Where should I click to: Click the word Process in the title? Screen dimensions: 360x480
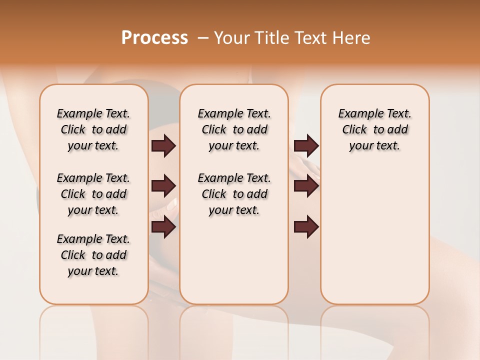point(154,38)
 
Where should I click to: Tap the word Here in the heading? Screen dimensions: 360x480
point(350,38)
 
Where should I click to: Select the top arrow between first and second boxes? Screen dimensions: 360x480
point(163,146)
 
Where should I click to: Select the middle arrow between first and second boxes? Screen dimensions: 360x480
point(163,186)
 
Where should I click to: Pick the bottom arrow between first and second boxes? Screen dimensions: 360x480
point(163,227)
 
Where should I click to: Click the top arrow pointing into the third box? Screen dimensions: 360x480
point(306,146)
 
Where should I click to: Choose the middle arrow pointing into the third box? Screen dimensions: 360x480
point(306,186)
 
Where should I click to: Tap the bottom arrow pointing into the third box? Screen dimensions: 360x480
point(306,227)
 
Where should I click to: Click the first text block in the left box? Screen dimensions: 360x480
point(93,129)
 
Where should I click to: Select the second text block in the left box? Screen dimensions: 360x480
point(93,194)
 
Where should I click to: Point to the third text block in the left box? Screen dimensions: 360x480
point(93,255)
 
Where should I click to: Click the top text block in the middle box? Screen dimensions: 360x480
point(234,129)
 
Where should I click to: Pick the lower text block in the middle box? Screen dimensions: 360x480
point(234,194)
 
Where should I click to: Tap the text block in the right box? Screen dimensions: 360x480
point(374,129)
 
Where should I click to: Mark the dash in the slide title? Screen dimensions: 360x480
point(202,38)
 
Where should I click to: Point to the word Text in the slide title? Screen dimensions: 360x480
point(309,38)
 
